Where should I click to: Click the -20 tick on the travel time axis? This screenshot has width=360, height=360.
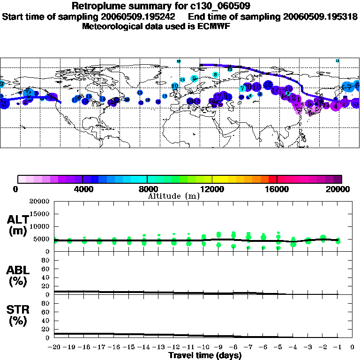(x=54, y=347)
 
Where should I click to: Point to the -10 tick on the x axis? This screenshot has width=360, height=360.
(x=203, y=347)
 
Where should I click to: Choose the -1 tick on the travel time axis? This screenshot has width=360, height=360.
(x=337, y=347)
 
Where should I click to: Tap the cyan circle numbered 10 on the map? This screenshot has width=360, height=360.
(x=175, y=86)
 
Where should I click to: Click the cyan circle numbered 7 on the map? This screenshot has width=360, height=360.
(x=242, y=88)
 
